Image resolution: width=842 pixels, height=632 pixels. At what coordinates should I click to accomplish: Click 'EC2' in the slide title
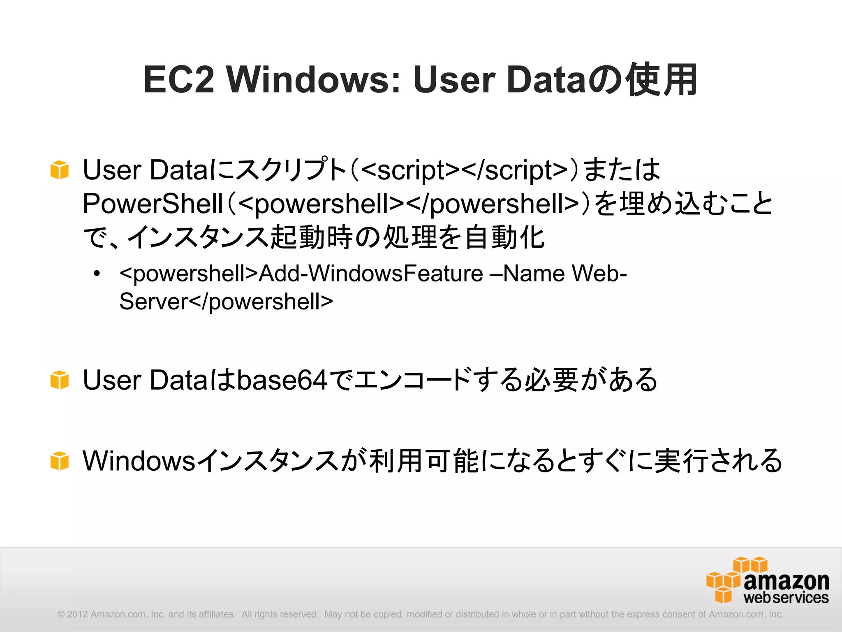point(179,79)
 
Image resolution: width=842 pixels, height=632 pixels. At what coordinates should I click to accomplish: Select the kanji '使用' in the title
point(662,79)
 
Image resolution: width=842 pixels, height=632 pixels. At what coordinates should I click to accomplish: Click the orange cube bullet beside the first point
point(60,170)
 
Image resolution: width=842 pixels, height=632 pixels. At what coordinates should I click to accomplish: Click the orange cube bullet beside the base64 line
point(60,379)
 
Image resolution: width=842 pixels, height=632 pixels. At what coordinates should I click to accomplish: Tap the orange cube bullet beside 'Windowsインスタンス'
point(60,460)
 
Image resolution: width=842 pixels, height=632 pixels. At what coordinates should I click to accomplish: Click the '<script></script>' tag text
point(465,170)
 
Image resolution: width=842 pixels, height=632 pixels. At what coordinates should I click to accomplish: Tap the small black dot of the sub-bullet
point(97,274)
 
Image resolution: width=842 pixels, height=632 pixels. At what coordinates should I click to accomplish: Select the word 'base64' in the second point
point(282,379)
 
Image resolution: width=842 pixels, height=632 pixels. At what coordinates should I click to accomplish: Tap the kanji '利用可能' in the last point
point(423,460)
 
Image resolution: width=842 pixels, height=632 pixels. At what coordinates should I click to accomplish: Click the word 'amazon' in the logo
point(786,581)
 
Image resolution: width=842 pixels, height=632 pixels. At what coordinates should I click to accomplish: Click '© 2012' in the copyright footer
point(73,614)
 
